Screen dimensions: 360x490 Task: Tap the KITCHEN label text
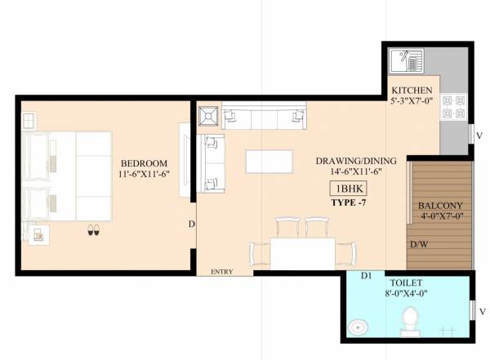coord(412,90)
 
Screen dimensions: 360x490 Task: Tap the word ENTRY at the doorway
coord(222,271)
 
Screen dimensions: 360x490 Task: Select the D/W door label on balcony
coord(419,244)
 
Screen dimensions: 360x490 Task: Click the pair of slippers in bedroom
coord(93,232)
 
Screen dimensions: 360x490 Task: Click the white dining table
coord(302,252)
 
